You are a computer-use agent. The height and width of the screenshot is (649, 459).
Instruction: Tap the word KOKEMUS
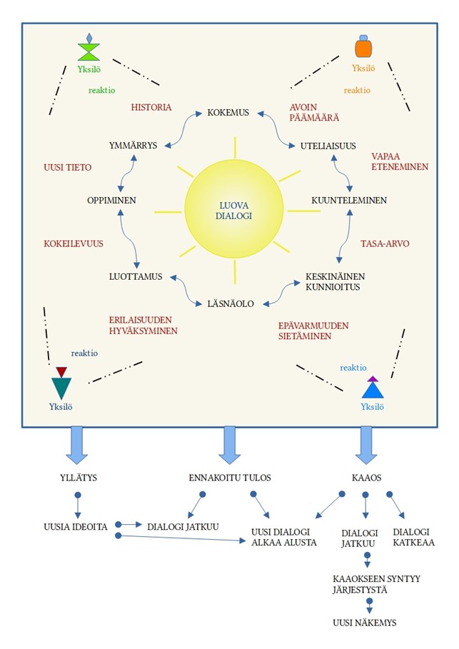pos(228,113)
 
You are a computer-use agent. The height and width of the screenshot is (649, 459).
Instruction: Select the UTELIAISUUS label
pos(328,146)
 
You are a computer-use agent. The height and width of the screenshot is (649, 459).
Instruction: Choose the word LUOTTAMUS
pos(136,276)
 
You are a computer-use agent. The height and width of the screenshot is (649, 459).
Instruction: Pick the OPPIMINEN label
pos(111,201)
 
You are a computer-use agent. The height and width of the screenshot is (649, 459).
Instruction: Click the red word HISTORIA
pos(151,108)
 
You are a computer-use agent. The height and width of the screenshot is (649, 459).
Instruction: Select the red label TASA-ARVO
pos(385,243)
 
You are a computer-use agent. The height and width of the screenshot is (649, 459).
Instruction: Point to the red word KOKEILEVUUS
pos(74,243)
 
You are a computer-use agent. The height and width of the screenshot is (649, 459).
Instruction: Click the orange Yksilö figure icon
pos(363,47)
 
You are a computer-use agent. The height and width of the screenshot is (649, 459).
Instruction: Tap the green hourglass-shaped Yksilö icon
pos(89,50)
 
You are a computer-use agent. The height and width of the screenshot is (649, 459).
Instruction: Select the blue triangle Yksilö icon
pos(372,388)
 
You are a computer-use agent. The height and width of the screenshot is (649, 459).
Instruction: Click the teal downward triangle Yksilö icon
pos(61,386)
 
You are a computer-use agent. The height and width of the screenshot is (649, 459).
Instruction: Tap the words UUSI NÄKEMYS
pos(364,623)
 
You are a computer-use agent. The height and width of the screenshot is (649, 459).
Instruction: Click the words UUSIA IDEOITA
pos(75,527)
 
